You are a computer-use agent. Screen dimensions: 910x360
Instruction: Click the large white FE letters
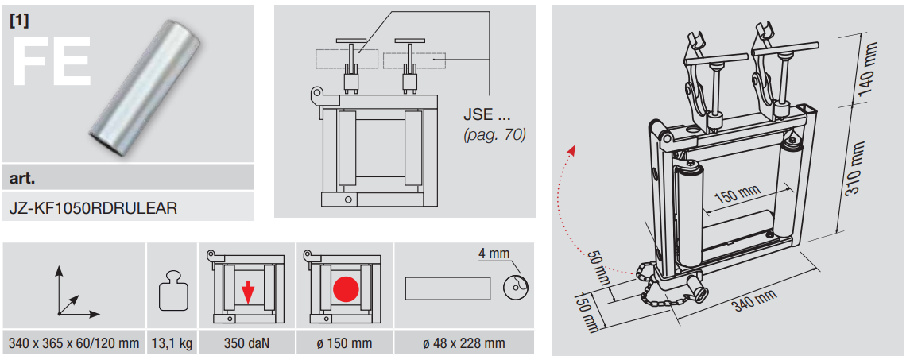click(x=51, y=61)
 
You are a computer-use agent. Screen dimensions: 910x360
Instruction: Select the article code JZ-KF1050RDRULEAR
click(x=93, y=208)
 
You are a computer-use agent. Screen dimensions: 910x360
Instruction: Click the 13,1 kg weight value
click(x=170, y=343)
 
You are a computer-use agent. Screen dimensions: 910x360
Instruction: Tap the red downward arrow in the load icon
click(x=248, y=291)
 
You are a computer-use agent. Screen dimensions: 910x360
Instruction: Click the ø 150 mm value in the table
click(x=345, y=343)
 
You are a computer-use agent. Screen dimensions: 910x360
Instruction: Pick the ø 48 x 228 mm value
click(x=464, y=343)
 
